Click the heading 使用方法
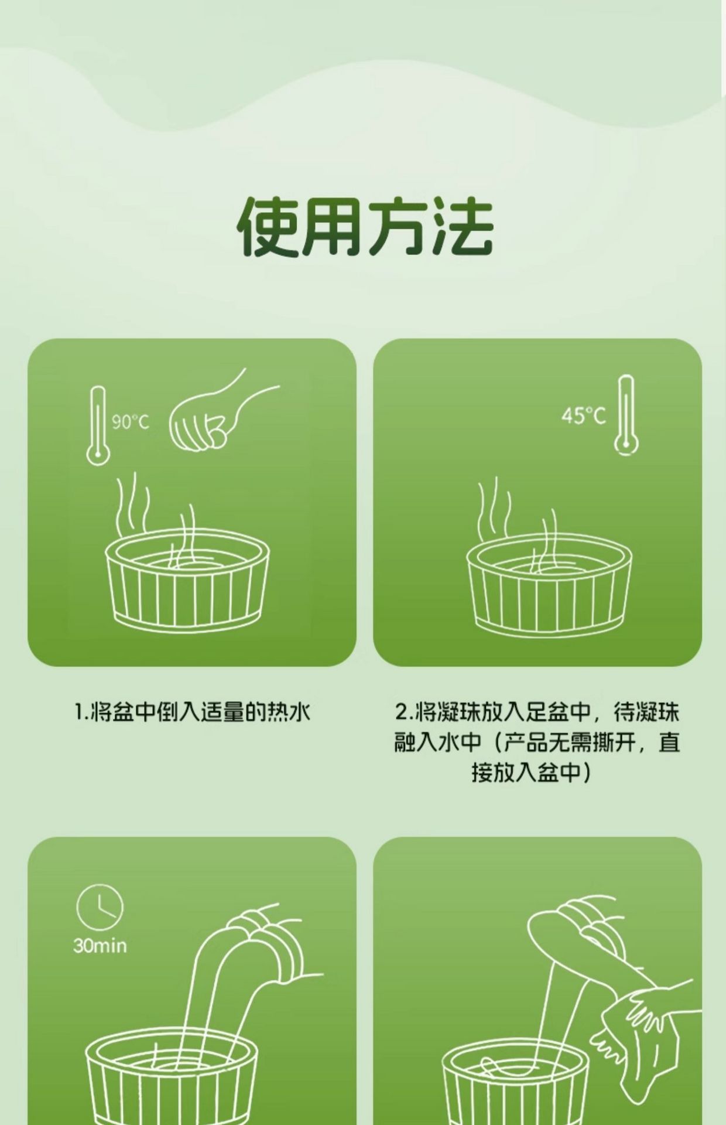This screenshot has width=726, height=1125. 365,228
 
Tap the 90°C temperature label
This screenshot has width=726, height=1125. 131,421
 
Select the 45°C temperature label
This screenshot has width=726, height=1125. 583,416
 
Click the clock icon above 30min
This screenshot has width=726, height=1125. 100,908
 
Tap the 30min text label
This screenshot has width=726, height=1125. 100,946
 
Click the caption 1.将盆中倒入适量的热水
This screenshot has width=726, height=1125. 192,712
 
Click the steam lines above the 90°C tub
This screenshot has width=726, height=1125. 155,519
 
